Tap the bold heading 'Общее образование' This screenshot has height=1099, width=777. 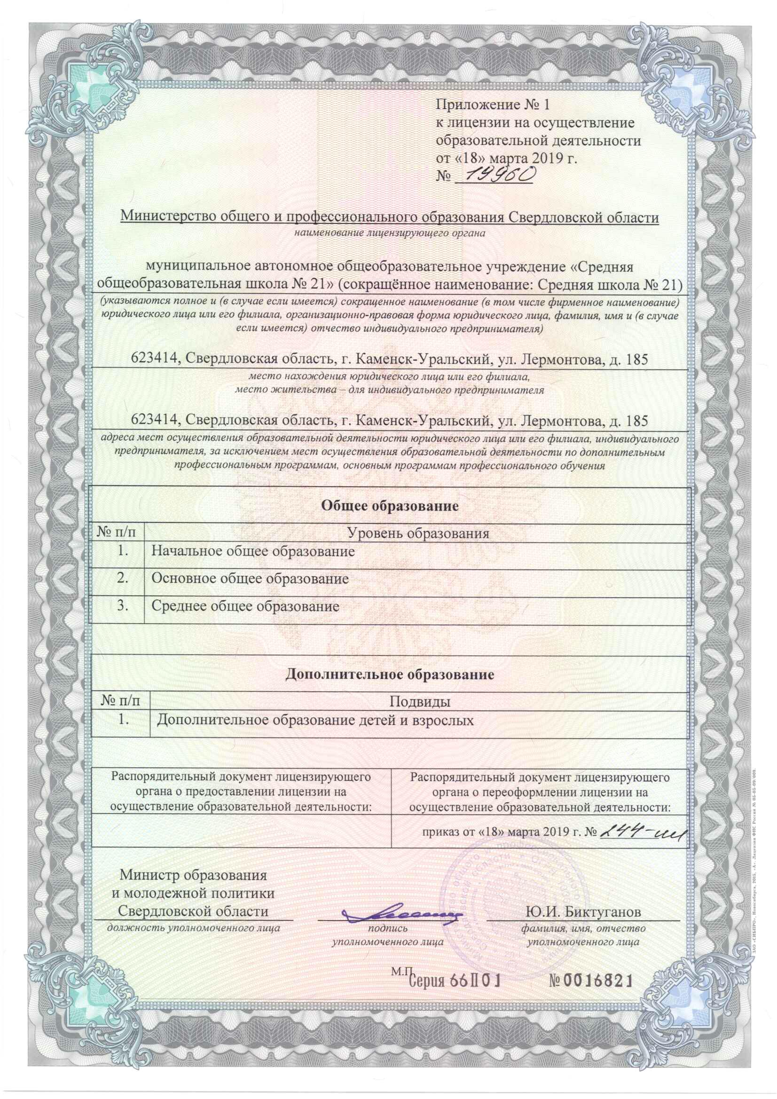pyautogui.click(x=390, y=505)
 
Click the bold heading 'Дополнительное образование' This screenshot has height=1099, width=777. pyautogui.click(x=390, y=675)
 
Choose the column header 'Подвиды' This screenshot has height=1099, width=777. pyautogui.click(x=419, y=702)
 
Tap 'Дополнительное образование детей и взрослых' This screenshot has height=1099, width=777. pyautogui.click(x=315, y=721)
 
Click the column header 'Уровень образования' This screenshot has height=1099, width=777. pyautogui.click(x=417, y=533)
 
